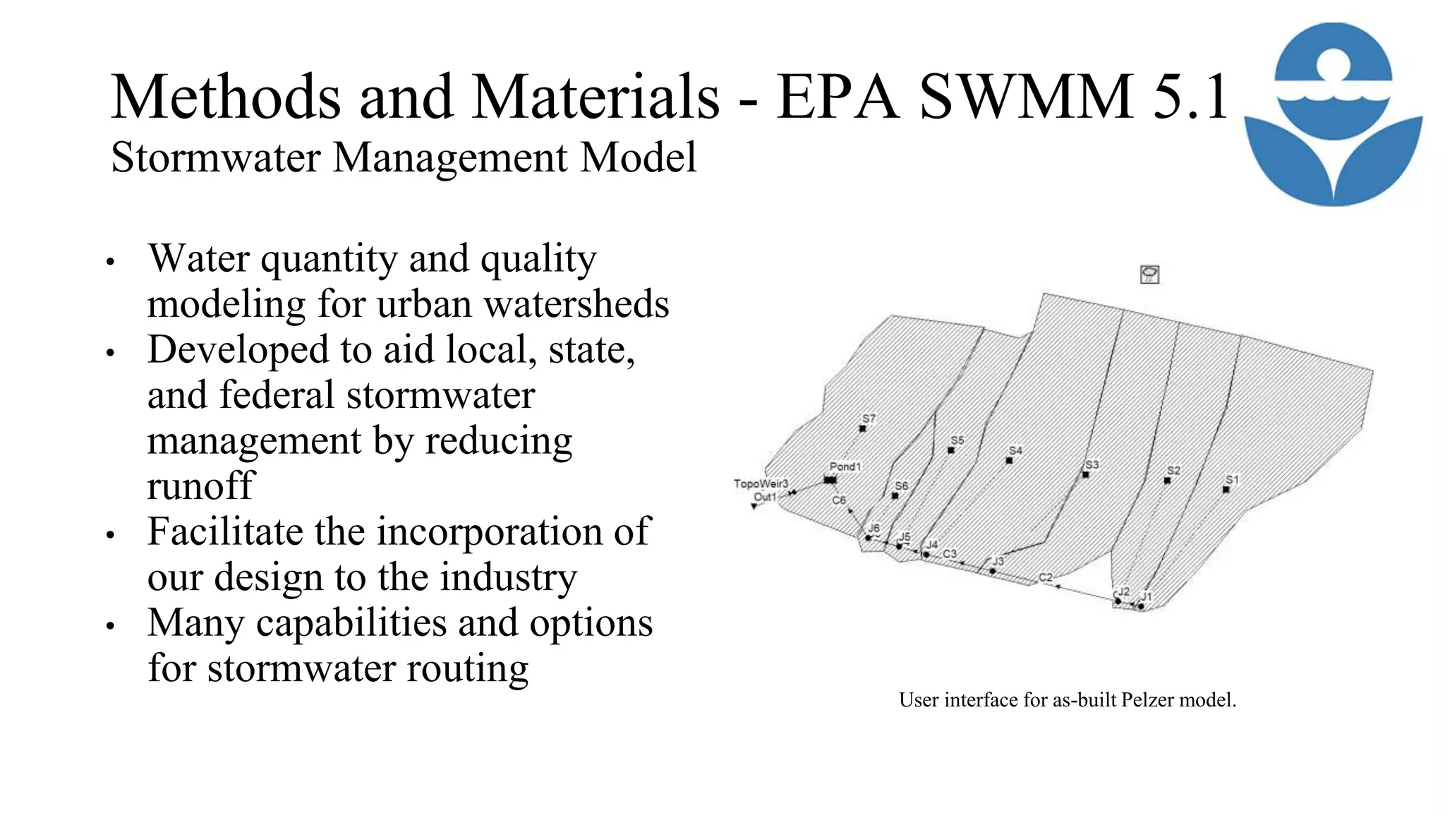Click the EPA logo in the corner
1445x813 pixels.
(x=1333, y=114)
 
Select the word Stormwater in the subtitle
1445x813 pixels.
(x=216, y=157)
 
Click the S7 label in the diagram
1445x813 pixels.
(x=869, y=418)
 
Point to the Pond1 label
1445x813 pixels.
(x=845, y=466)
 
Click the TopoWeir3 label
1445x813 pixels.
(x=761, y=483)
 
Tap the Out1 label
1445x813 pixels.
(x=764, y=497)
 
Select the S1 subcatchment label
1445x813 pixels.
(x=1232, y=480)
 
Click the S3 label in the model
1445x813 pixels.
(x=1092, y=464)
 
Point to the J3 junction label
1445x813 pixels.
(x=997, y=561)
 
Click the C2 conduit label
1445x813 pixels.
(x=1045, y=577)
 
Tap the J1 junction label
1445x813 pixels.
(x=1147, y=596)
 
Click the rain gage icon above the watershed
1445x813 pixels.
(x=1149, y=274)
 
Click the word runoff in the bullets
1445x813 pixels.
(x=200, y=486)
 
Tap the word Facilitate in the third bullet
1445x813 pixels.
(x=225, y=531)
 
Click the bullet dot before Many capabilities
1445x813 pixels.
(x=110, y=625)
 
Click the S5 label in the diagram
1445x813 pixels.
(x=957, y=440)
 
